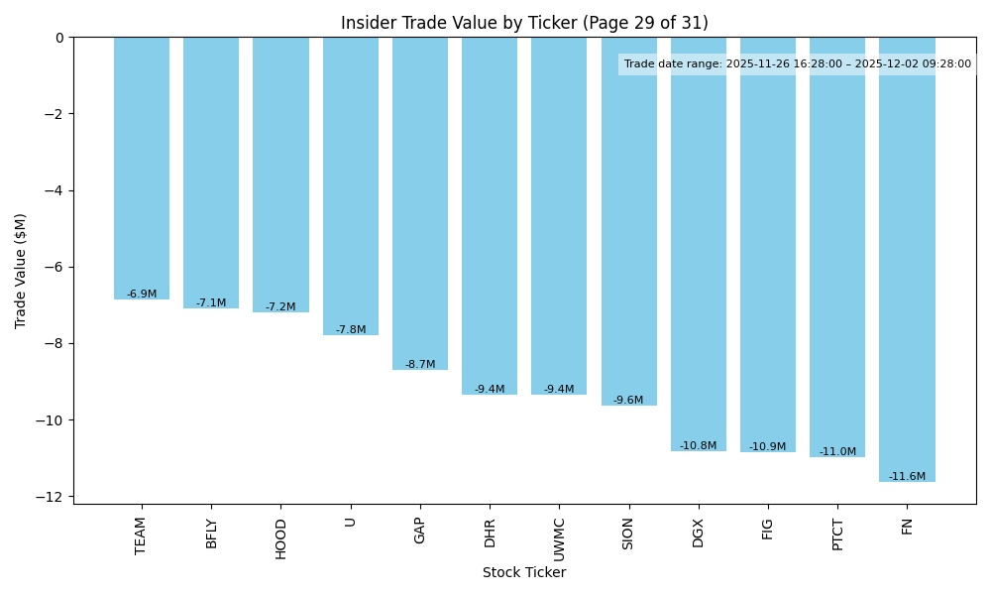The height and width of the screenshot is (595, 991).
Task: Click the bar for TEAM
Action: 142,169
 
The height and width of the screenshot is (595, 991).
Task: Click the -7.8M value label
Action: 351,330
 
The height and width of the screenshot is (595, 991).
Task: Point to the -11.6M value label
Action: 907,477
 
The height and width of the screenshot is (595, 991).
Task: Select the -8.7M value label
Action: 420,365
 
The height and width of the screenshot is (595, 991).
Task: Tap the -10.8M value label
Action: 698,446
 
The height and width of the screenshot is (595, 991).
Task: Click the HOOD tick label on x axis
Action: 281,538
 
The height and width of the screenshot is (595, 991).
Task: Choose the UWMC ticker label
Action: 559,538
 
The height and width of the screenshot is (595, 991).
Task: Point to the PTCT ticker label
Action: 837,535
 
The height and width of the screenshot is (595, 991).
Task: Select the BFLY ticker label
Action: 211,534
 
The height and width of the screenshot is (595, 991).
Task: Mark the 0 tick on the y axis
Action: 59,38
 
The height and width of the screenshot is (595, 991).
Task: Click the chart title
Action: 524,23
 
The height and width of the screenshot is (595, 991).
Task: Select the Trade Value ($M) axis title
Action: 21,271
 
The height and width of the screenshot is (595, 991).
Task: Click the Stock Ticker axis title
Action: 524,573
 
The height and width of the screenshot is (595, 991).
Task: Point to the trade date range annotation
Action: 797,64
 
